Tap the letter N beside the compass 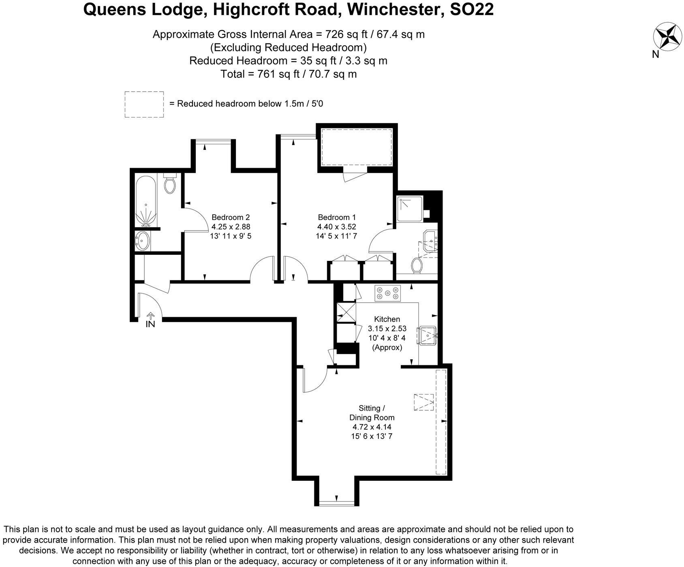tap(656, 55)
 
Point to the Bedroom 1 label tap(337, 217)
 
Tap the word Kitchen tap(387, 319)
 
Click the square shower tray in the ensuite tap(410, 209)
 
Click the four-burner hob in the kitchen tap(388, 293)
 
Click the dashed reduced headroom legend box tap(144, 104)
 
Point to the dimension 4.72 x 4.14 tap(372, 426)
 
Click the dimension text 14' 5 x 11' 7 tap(337, 236)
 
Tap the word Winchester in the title tap(395, 9)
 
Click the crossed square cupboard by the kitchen tap(345, 312)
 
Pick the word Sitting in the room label tap(369, 408)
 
